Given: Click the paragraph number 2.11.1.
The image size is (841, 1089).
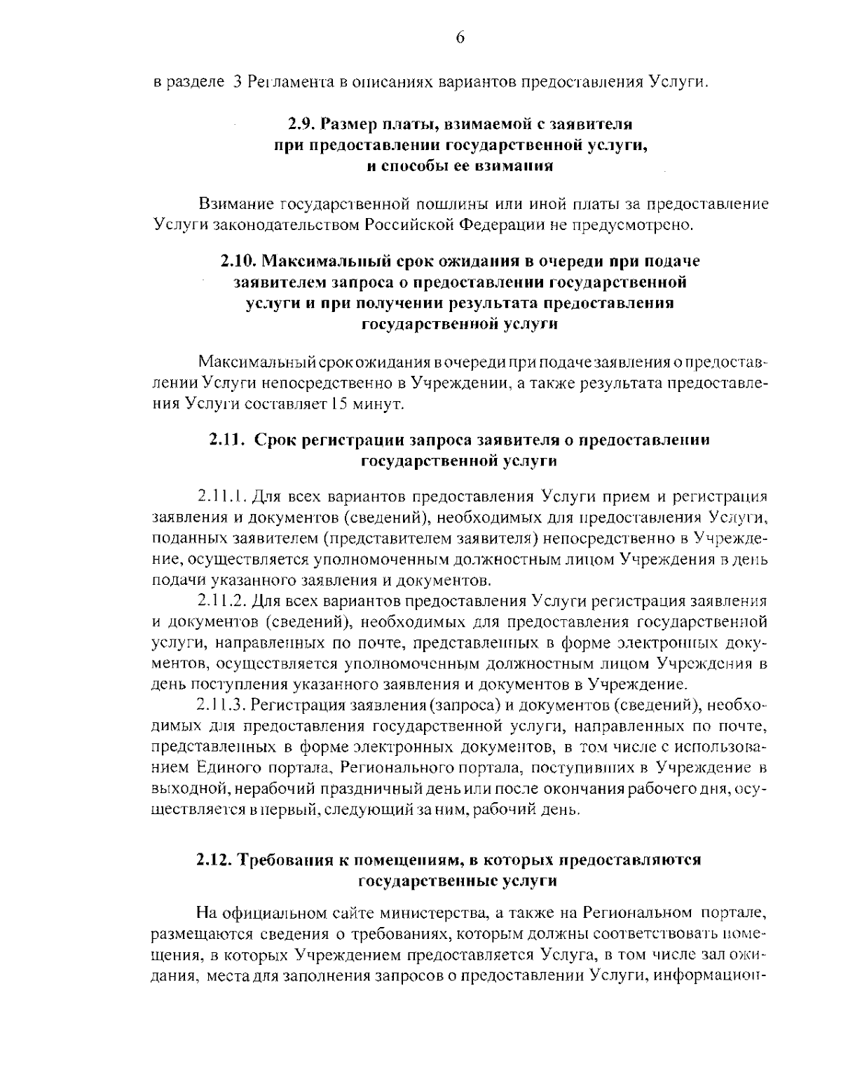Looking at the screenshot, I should [x=219, y=497].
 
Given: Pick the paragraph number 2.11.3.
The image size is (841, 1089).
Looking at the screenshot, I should [x=220, y=704].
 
